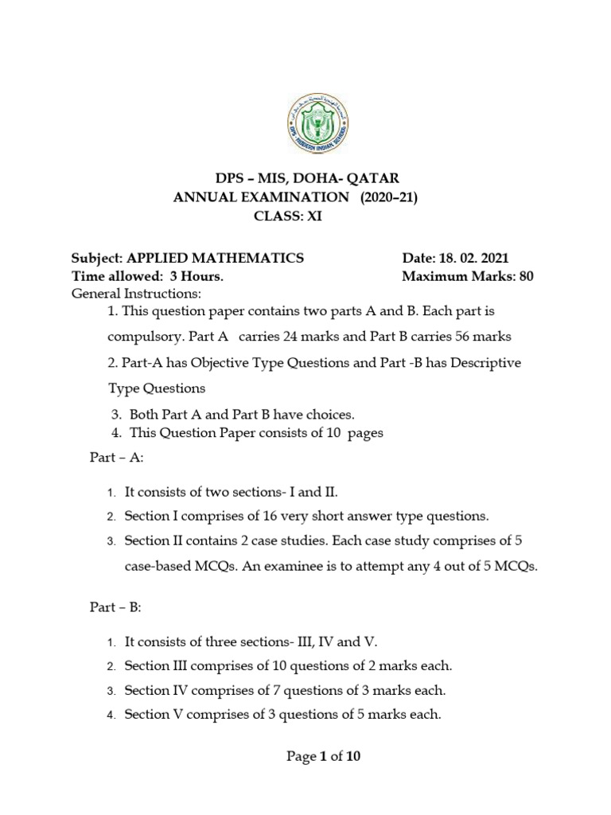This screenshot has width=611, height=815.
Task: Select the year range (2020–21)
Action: [x=389, y=197]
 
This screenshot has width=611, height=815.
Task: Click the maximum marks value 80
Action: [x=526, y=277]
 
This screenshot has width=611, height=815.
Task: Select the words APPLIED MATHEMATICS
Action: [x=210, y=258]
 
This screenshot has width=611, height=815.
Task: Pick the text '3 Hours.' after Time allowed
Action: [x=194, y=277]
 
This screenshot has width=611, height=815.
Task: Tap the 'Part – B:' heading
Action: [x=115, y=607]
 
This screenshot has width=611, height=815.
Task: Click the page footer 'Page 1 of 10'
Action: [x=323, y=757]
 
